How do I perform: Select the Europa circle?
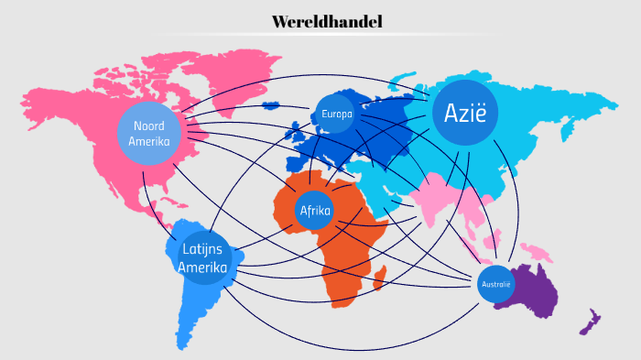pos(335,115)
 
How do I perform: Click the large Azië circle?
pos(465,113)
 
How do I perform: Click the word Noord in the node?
pos(148,125)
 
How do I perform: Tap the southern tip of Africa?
pos(334,298)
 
